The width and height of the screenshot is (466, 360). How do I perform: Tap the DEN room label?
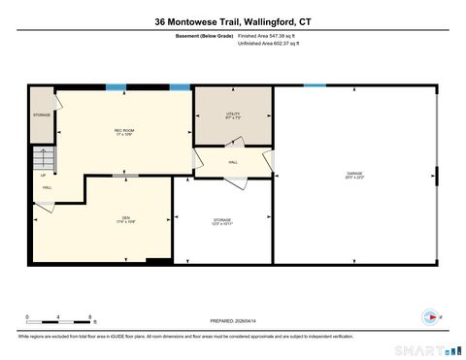(125, 219)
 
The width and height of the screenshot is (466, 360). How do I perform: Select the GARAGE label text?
(354, 176)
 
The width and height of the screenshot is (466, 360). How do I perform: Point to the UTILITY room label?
(232, 115)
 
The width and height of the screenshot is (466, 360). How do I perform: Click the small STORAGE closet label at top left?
(41, 115)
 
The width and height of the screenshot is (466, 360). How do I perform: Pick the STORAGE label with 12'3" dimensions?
(222, 222)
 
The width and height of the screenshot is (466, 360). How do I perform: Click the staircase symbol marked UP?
(43, 161)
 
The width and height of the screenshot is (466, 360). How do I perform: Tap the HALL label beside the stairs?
(47, 186)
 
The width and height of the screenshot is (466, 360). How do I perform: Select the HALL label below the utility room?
(233, 162)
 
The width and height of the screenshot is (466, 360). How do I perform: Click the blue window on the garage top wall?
(315, 85)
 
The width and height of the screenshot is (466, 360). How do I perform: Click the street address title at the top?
(232, 20)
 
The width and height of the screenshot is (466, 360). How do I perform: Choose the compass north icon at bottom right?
(426, 316)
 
